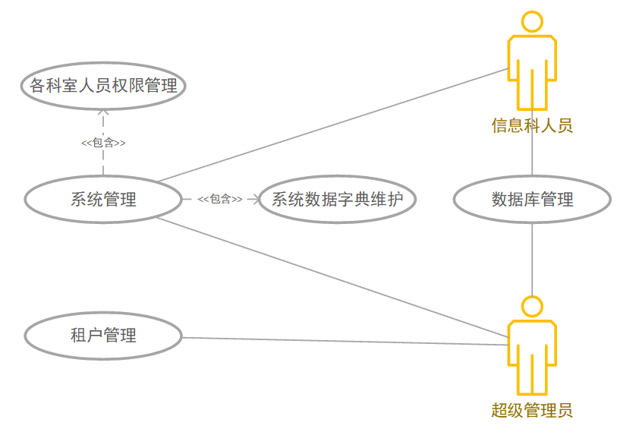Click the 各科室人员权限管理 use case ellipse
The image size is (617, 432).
tap(103, 86)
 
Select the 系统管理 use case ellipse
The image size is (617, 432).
tap(103, 200)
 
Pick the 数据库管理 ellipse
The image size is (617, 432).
tap(532, 200)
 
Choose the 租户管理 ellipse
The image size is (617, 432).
tap(103, 335)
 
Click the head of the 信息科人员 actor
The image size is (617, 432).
tap(533, 22)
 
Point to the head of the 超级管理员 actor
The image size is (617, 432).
tap(533, 307)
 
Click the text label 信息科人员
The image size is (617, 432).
tap(532, 125)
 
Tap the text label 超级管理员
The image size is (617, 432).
tap(532, 411)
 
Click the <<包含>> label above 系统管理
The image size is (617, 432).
tap(103, 142)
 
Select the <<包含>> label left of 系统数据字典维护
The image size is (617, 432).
tap(220, 199)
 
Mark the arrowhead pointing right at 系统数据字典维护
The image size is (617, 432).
tap(254, 200)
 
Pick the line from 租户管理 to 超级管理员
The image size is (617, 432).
tap(342, 341)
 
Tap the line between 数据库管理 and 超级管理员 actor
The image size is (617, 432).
tap(533, 258)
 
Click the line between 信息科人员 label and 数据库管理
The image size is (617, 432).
tap(533, 156)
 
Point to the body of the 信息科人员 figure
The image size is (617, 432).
tap(532, 68)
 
